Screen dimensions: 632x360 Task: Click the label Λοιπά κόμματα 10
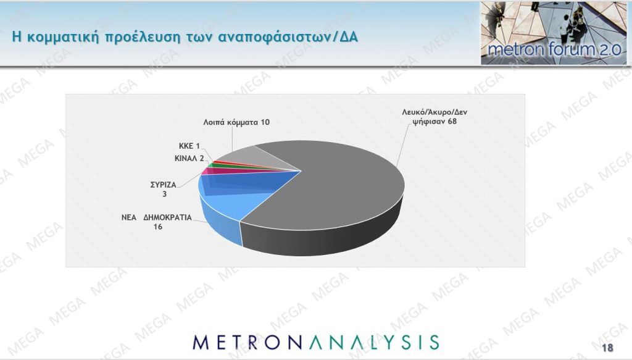click(x=236, y=122)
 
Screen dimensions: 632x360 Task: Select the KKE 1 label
click(x=189, y=146)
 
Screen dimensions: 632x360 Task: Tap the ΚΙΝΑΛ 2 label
click(x=189, y=159)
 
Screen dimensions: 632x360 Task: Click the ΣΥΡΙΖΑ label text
click(x=163, y=185)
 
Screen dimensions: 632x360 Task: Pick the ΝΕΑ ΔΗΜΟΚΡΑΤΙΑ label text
click(x=157, y=217)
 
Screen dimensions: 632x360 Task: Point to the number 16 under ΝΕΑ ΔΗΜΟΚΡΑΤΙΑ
click(x=157, y=227)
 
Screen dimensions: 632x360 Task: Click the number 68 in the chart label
click(x=452, y=121)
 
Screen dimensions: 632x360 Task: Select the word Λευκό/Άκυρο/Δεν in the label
click(x=434, y=112)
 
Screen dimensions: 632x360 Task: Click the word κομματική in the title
click(x=63, y=36)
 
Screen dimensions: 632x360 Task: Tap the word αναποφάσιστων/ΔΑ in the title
click(x=288, y=36)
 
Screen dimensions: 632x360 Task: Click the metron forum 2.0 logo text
click(x=555, y=49)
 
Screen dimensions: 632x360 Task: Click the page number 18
click(x=607, y=348)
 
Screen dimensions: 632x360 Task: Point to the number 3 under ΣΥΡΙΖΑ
click(x=164, y=194)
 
